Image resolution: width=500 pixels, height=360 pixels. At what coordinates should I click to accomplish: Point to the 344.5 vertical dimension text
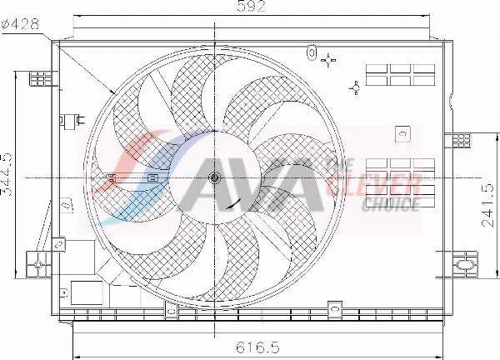pos(7,173)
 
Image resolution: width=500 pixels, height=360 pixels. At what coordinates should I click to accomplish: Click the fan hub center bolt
pos(215,177)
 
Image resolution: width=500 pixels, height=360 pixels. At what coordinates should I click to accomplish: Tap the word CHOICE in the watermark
pos(391,202)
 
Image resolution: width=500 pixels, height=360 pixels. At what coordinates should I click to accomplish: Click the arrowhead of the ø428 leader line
pos(113,92)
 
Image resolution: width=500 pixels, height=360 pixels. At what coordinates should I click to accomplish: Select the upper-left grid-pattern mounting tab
pos(39,78)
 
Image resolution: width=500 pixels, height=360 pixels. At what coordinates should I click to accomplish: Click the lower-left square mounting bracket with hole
pos(38,264)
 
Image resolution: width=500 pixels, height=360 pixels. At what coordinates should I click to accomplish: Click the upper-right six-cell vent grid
pos(401,74)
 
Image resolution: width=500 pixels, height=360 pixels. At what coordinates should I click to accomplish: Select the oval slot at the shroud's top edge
pos(312,54)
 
